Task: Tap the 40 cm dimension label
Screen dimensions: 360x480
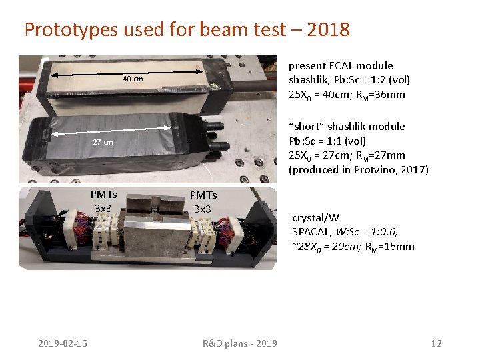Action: [133, 79]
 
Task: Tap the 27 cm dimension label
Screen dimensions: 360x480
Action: [103, 142]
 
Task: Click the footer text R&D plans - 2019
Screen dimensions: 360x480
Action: [239, 343]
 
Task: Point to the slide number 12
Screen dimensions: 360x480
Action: [436, 343]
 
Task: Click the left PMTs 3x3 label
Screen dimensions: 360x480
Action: [105, 201]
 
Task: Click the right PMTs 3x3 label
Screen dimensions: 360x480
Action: [203, 201]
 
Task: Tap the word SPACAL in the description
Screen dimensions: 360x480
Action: [311, 232]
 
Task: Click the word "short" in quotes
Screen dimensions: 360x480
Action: [307, 126]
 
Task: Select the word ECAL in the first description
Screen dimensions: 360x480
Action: [340, 65]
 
